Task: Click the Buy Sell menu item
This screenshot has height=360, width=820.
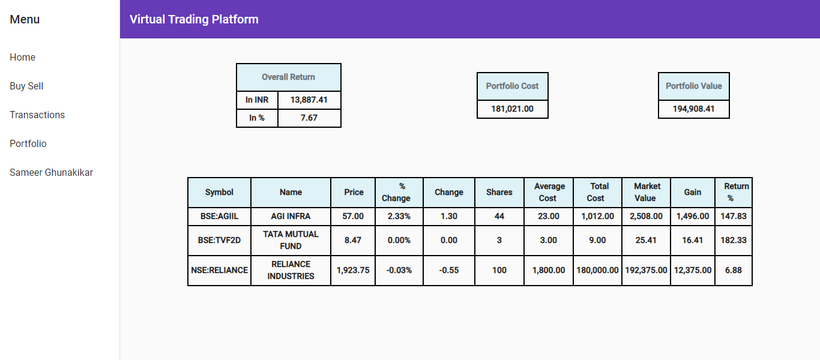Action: [26, 86]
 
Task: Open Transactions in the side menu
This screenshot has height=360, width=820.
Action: [37, 115]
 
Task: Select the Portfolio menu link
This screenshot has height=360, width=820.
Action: [28, 143]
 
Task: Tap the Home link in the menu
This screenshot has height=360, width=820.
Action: [23, 57]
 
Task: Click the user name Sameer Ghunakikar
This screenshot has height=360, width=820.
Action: [51, 172]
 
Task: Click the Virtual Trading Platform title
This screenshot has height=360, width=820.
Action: [194, 19]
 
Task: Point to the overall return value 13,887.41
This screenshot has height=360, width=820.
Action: [309, 100]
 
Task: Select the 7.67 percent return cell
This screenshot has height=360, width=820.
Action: [309, 118]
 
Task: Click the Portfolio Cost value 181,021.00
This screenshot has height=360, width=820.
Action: [512, 109]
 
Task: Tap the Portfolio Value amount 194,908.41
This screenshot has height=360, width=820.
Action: [693, 109]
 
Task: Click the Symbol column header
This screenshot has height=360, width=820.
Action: [219, 192]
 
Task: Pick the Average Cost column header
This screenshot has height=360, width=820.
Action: [549, 192]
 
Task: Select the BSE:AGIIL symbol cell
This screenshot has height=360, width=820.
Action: [219, 216]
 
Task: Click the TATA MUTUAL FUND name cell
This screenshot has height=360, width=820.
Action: [291, 240]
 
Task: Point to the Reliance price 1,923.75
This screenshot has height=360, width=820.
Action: [353, 270]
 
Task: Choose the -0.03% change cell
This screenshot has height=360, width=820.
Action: [399, 270]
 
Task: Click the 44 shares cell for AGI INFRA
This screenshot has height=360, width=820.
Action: [499, 216]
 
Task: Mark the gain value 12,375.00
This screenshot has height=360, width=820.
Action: [692, 270]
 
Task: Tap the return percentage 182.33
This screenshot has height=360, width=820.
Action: [733, 240]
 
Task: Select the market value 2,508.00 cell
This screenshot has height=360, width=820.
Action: [646, 216]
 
